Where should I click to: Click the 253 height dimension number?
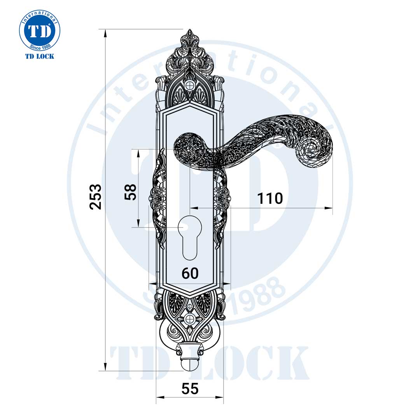point(96,196)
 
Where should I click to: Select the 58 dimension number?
point(131,192)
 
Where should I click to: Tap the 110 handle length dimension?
point(270,198)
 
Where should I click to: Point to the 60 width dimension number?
point(190,273)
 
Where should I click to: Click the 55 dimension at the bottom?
point(190,388)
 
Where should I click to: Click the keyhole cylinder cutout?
point(189,237)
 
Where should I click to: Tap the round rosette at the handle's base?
point(188,149)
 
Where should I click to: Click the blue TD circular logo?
point(39,31)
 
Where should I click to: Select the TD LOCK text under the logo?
point(39,56)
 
